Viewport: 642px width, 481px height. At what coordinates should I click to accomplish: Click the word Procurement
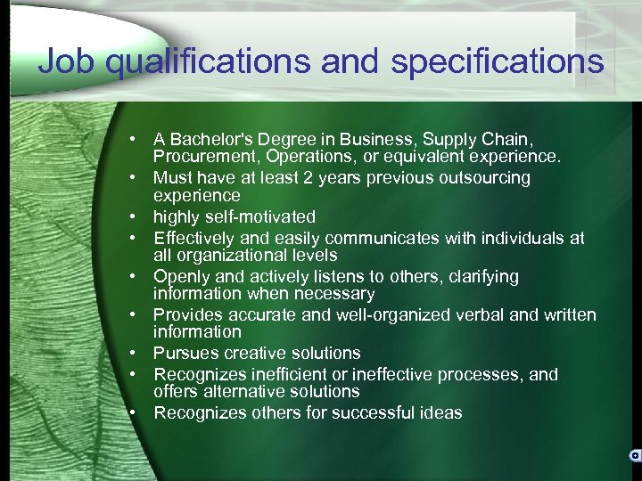200,157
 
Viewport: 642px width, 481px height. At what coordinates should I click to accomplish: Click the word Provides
187,314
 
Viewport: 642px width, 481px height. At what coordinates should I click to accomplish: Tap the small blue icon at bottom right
635,455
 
